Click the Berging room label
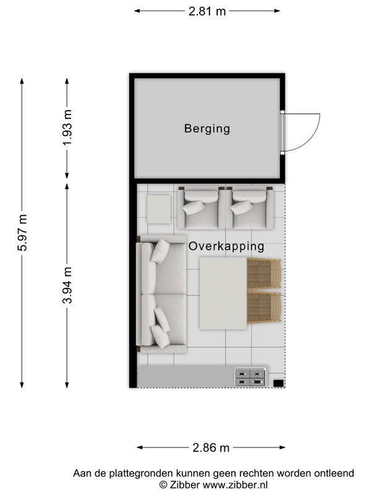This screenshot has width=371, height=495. pyautogui.click(x=207, y=129)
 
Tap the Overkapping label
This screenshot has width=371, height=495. pyautogui.click(x=226, y=246)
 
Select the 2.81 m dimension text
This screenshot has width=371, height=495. pyautogui.click(x=207, y=11)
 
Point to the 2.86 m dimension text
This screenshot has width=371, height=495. pyautogui.click(x=211, y=447)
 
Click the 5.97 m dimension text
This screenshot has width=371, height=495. pyautogui.click(x=22, y=233)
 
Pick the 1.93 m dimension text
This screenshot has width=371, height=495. pyautogui.click(x=67, y=127)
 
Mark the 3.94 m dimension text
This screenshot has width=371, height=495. pyautogui.click(x=67, y=285)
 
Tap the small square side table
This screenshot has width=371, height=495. pyautogui.click(x=159, y=209)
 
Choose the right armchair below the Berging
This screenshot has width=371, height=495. pyautogui.click(x=250, y=207)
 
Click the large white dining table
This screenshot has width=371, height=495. pyautogui.click(x=223, y=293)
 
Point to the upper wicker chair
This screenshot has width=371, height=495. pyautogui.click(x=264, y=273)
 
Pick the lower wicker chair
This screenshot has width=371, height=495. pyautogui.click(x=264, y=308)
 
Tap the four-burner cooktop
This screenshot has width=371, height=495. pyautogui.click(x=250, y=377)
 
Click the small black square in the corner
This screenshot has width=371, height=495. pyautogui.click(x=278, y=383)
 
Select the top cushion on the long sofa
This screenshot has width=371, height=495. pyautogui.click(x=160, y=251)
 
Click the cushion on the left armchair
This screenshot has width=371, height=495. pyautogui.click(x=194, y=207)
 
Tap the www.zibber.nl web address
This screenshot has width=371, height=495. pyautogui.click(x=236, y=484)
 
